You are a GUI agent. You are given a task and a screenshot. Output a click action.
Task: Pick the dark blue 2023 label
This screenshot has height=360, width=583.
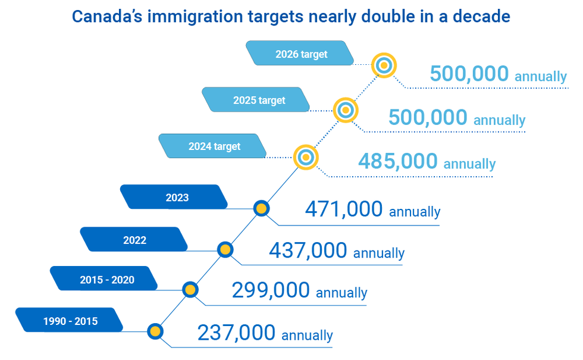177,197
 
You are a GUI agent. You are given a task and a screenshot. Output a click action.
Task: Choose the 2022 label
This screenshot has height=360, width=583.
134,240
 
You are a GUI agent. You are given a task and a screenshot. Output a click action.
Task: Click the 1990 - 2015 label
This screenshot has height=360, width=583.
70,321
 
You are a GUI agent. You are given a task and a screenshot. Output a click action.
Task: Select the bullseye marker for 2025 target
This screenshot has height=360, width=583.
345,109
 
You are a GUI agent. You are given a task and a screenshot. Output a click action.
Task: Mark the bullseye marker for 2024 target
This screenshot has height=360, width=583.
306,157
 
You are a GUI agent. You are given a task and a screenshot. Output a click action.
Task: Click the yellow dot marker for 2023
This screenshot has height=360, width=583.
261,208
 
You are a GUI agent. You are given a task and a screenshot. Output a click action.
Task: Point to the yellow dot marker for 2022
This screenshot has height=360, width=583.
225,249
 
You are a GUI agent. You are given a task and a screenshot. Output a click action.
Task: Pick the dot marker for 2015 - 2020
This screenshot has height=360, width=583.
190,290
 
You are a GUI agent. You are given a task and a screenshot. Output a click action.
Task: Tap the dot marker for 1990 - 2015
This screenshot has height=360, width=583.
155,331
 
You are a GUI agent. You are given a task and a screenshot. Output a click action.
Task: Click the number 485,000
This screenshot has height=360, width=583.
397,161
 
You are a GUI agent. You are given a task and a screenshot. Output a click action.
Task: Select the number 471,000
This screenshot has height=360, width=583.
343,209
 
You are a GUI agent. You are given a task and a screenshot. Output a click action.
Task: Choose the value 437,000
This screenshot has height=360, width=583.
308,251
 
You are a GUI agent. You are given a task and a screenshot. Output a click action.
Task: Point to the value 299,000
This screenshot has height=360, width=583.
270,290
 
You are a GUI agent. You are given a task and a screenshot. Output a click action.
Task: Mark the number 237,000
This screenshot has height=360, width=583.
236,333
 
